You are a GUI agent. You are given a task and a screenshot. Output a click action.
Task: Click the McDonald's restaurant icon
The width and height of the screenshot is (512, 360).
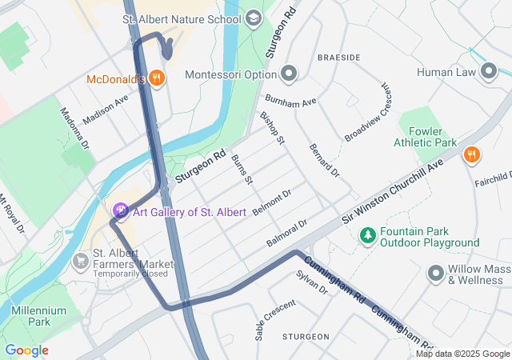pos(157,78)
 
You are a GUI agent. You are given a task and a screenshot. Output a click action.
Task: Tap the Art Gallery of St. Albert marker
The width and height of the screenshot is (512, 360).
pos(121,211)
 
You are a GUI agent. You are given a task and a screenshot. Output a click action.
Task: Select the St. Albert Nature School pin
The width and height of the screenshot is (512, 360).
pos(254,18)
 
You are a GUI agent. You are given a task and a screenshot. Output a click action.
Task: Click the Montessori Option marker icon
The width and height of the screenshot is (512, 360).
pos(290,74)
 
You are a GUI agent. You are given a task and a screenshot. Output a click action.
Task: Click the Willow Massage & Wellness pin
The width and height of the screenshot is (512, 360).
pos(436,273)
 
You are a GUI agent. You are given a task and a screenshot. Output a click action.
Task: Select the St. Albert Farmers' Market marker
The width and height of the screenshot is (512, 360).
pos(81,261)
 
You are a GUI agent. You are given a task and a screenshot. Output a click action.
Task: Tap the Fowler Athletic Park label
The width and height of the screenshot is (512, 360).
pos(425,137)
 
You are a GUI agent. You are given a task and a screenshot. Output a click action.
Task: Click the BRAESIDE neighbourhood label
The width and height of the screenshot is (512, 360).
pos(338,58)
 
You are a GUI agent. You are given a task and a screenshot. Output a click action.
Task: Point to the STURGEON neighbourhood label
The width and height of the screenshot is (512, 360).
pos(306,337)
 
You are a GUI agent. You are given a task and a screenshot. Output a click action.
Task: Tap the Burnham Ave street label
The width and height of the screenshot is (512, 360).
pos(291,102)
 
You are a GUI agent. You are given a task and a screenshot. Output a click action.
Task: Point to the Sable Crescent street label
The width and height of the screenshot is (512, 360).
pos(275,320)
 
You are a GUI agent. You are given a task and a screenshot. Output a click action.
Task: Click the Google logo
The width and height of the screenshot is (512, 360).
pos(26,350)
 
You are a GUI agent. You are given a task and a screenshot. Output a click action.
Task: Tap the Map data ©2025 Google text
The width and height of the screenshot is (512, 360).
pos(462,354)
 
